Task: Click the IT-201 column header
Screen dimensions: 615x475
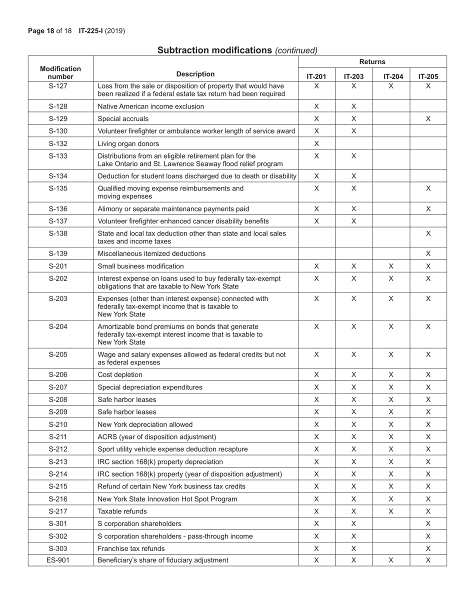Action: [316, 76]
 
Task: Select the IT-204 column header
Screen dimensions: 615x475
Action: [391, 76]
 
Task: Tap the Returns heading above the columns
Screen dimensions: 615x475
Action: [372, 61]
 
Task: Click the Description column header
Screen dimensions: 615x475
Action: [195, 74]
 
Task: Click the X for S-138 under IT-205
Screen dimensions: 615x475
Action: [428, 233]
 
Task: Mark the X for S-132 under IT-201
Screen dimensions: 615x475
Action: [316, 143]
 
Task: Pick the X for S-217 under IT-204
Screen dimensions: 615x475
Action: [391, 511]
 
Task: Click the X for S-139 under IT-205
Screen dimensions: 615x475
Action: [428, 253]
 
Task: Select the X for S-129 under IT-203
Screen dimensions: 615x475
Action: [353, 119]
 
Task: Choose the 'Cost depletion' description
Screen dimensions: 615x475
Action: [120, 374]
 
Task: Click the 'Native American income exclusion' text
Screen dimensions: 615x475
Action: [150, 106]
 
